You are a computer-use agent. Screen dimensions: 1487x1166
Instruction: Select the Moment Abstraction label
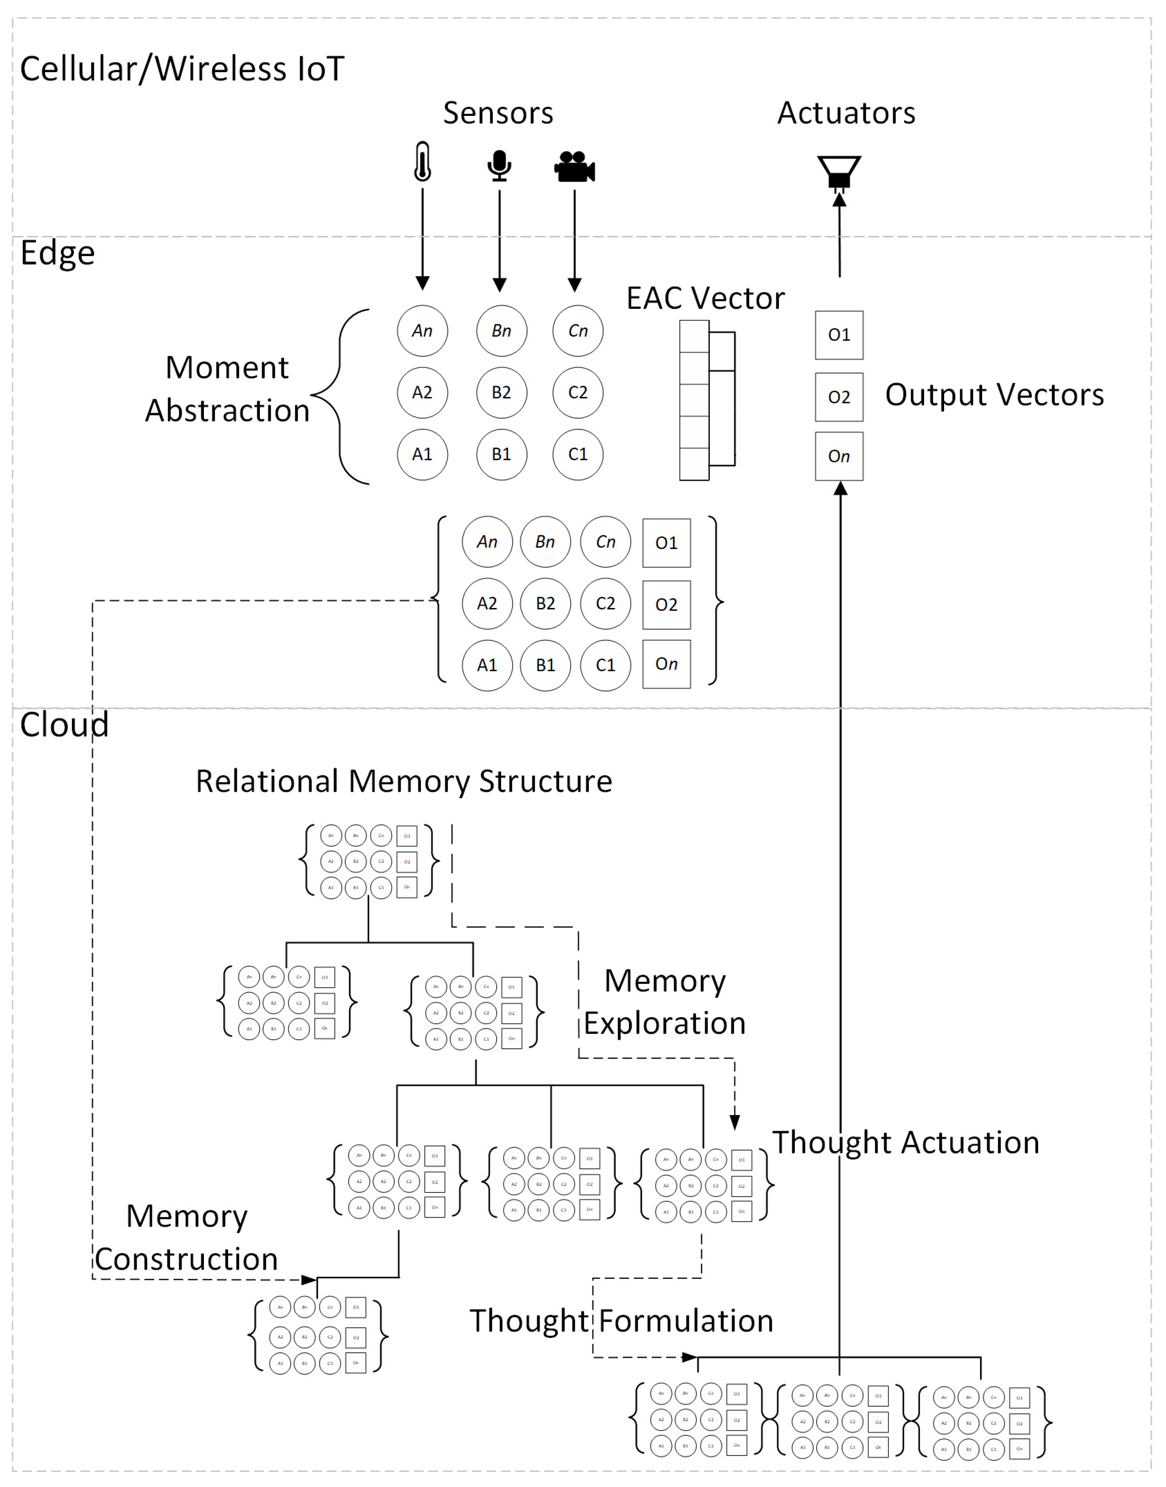pos(227,389)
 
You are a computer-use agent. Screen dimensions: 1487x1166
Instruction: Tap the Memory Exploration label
pos(664,1002)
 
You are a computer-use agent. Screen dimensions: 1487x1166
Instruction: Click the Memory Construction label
pos(186,1237)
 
